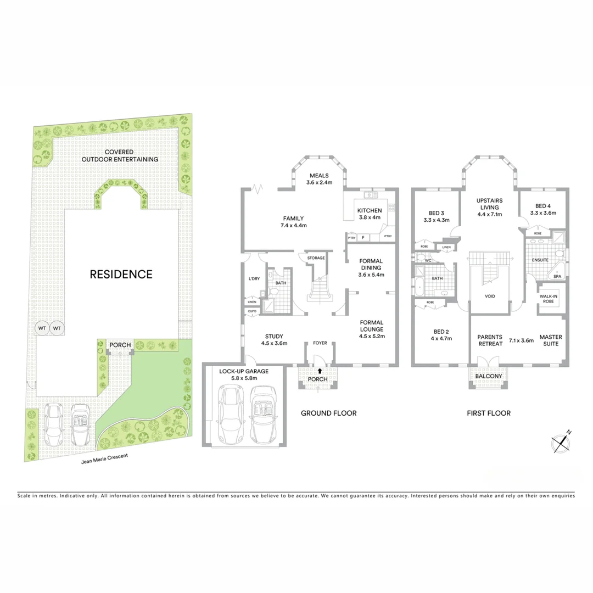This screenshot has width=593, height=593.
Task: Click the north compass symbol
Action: coord(561,443)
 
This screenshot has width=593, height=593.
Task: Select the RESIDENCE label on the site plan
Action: coord(121,274)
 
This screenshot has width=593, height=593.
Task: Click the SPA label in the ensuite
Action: coord(557,277)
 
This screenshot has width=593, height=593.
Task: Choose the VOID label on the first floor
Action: coord(490,296)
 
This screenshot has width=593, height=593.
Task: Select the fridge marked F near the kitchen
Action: coord(362,237)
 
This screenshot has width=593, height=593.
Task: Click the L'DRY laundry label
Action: coord(254,279)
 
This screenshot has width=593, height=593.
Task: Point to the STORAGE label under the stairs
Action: coord(316,258)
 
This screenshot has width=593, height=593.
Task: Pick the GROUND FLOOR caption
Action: coord(328,413)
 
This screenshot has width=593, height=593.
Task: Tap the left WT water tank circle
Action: coord(42,328)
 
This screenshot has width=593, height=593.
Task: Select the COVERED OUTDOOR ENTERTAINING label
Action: coord(120,155)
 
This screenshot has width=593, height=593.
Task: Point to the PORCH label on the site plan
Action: coord(120,345)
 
